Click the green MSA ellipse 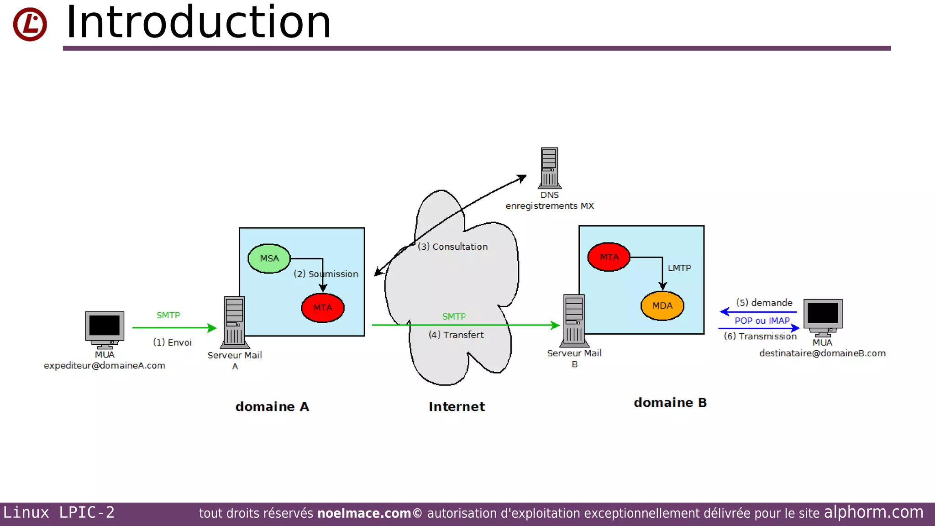click(x=269, y=258)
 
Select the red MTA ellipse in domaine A click(x=323, y=308)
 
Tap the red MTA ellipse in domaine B click(x=609, y=257)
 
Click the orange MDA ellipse click(x=662, y=305)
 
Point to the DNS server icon click(x=550, y=168)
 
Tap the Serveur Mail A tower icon click(x=234, y=322)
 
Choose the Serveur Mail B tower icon click(x=574, y=320)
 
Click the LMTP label click(x=679, y=268)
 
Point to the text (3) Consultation click(x=453, y=247)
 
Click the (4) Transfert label click(x=456, y=335)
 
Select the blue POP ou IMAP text click(x=762, y=321)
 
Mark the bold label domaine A click(x=272, y=406)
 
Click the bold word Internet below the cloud click(x=457, y=406)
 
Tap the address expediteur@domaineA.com click(x=105, y=365)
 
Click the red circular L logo click(x=30, y=24)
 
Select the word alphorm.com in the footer click(x=873, y=512)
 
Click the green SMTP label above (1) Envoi click(x=168, y=315)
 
